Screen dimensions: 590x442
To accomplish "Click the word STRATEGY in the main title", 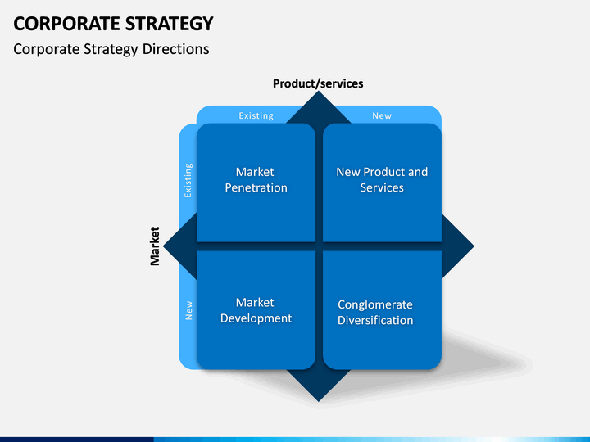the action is [170, 23].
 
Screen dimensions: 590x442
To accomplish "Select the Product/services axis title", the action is [318, 83].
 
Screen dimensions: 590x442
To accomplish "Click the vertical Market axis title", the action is [155, 246].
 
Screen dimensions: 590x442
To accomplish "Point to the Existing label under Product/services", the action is [256, 115].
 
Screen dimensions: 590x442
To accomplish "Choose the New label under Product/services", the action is [382, 115].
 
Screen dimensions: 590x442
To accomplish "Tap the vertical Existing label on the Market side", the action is [188, 180].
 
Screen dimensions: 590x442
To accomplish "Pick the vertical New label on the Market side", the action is [188, 310].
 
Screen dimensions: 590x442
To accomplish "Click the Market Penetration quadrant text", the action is [256, 179].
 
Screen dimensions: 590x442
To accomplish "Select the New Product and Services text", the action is [382, 179].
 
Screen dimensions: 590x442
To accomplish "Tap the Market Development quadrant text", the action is [256, 310].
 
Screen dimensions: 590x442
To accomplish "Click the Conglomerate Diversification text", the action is [375, 313].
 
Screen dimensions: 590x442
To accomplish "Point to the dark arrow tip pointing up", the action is [318, 92].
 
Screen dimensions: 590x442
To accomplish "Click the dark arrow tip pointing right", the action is [474, 246].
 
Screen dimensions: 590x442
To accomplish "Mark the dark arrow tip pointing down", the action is [318, 400].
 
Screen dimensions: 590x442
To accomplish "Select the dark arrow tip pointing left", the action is [164, 246].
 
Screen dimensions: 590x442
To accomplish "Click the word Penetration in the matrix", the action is [256, 187].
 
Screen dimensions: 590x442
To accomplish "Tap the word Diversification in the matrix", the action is [375, 320].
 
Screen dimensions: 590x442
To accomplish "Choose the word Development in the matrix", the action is [256, 318].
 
